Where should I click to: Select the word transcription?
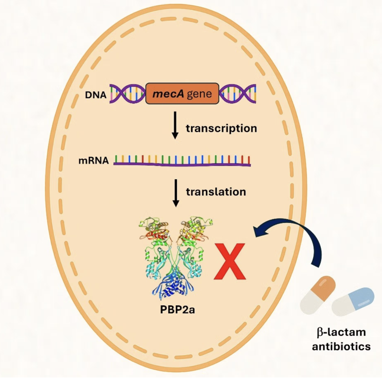221,128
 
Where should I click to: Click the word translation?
216,192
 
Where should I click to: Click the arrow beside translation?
175,192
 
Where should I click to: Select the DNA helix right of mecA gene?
238,93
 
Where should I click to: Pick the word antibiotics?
341,346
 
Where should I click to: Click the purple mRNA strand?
182,164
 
